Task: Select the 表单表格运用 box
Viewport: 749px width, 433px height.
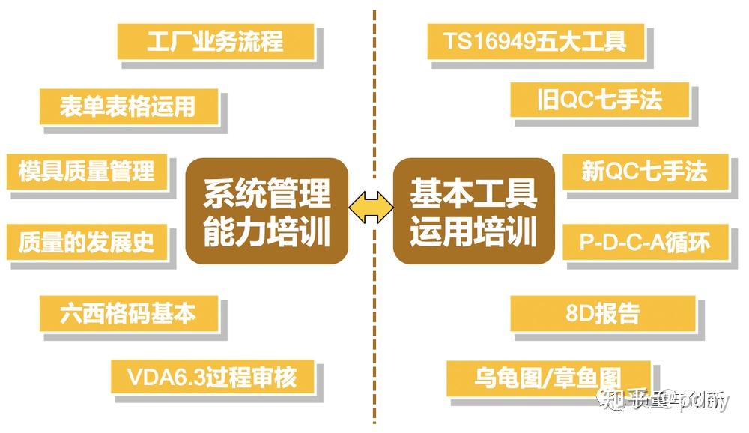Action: [x=128, y=106]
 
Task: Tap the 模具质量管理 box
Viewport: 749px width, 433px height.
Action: [x=86, y=171]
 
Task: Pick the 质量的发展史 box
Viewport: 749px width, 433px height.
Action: [x=86, y=243]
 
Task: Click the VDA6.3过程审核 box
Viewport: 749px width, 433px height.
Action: [x=213, y=377]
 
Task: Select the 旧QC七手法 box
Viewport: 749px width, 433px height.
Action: [x=599, y=100]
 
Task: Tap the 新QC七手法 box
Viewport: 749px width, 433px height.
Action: [x=644, y=171]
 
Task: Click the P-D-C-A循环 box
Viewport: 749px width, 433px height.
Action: [x=644, y=242]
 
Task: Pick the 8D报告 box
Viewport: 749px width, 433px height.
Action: [x=603, y=312]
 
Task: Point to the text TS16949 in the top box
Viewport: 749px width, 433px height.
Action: [x=487, y=40]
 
